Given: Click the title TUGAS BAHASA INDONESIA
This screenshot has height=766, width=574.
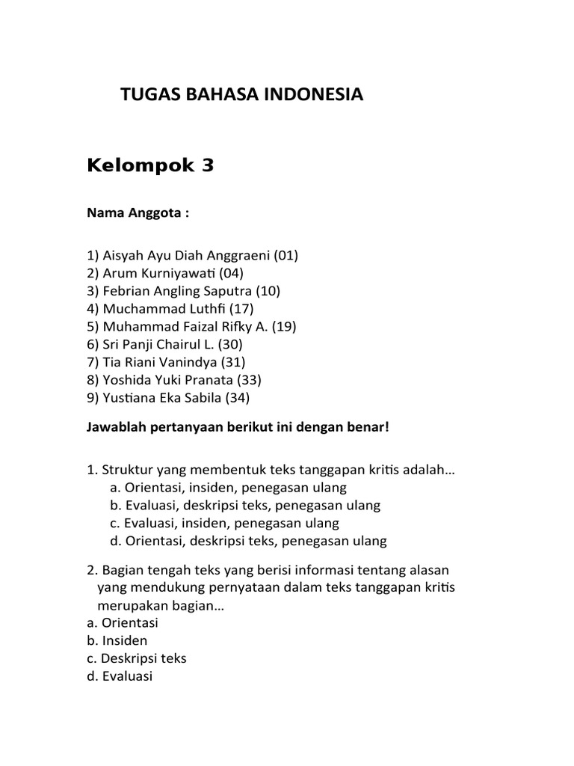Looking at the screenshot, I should point(241,95).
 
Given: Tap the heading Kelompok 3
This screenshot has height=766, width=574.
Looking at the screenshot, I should point(150,166).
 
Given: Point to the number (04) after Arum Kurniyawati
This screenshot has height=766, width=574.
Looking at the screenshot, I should point(229,273).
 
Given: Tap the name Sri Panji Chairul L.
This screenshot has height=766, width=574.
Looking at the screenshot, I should point(156,345).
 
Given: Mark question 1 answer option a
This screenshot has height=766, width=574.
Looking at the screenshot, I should point(228,488).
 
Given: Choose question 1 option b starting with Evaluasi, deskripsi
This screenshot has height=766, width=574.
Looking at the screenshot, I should point(244,506).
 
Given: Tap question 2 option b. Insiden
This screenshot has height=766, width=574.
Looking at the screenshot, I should point(117,640).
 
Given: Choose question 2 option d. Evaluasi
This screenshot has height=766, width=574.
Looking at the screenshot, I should point(120,676).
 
